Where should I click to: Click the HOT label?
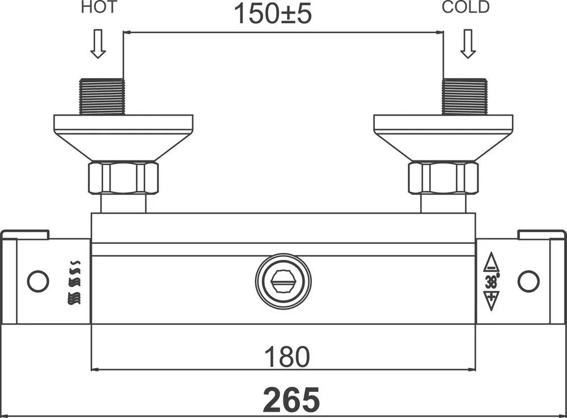pos(99,7)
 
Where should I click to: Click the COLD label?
pos(466,7)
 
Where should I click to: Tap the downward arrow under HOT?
pos(98,44)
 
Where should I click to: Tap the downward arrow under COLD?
pos(468,44)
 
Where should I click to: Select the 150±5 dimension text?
pos(273,14)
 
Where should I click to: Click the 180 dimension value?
pos(287,357)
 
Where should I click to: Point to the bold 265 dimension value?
pos(291,399)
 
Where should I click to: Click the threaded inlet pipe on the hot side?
pos(101,96)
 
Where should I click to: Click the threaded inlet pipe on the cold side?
pos(465,96)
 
